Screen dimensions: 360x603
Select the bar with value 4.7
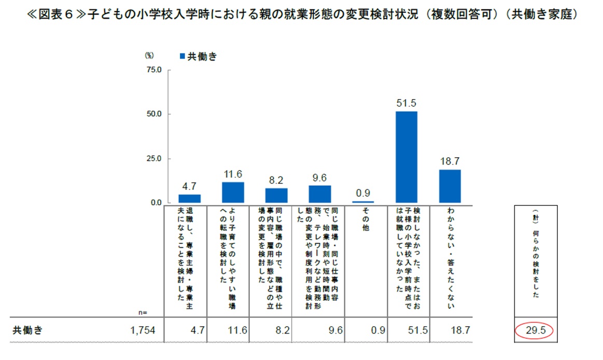tap(189, 198)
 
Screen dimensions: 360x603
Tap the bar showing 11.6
tap(233, 192)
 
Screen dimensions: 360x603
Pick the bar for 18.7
tap(450, 186)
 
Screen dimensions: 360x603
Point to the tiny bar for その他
tap(363, 201)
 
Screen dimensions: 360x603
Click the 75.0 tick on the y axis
tap(155, 70)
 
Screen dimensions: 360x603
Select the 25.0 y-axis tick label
tap(155, 158)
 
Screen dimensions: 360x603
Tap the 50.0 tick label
tap(155, 114)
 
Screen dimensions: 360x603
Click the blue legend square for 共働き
tap(181, 57)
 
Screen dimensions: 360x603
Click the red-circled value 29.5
tap(536, 330)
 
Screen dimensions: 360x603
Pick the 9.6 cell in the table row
tap(334, 330)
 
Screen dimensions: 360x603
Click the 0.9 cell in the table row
tap(378, 330)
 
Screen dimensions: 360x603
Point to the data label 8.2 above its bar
tap(276, 180)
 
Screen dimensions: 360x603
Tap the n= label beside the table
tap(143, 312)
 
